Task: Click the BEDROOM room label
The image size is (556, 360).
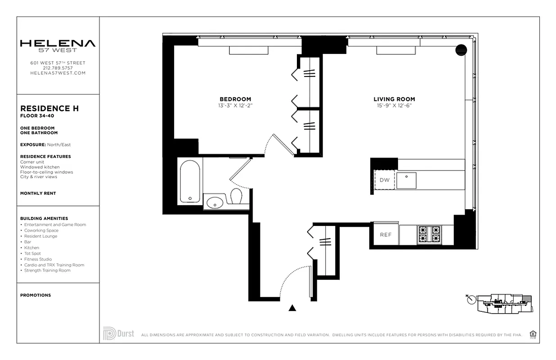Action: point(235,99)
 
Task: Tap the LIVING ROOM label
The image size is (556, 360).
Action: point(394,99)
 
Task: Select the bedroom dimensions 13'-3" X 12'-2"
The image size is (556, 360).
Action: point(235,106)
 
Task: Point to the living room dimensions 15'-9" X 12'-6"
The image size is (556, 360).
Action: point(394,106)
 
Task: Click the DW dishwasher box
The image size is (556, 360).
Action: point(385,180)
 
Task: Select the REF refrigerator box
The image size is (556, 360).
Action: point(385,234)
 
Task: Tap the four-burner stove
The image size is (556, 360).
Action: point(429,234)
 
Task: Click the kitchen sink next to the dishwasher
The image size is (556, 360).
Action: point(406,180)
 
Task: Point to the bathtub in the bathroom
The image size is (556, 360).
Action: point(190,181)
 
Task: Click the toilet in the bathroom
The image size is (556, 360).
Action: point(237,197)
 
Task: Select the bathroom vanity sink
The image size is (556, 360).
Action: point(215,202)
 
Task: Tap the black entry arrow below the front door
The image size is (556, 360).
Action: point(292,308)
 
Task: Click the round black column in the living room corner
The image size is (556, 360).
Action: point(461,50)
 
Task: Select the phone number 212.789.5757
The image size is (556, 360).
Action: point(58,68)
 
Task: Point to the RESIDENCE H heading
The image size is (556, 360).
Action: point(49,108)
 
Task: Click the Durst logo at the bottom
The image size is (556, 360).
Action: point(118,334)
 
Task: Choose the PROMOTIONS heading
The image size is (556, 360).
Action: point(36,295)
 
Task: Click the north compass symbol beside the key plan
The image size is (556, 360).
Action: point(471,300)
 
